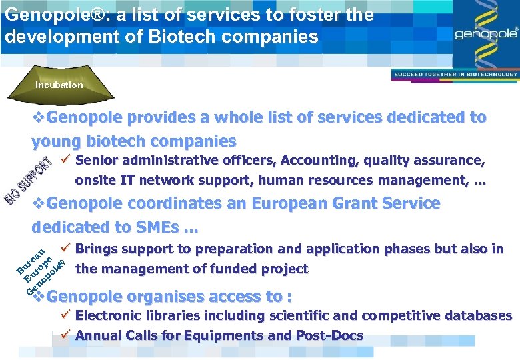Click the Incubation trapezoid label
click(x=59, y=85)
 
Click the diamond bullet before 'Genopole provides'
click(x=39, y=118)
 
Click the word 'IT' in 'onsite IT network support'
click(x=127, y=180)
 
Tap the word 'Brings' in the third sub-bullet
click(x=97, y=249)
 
